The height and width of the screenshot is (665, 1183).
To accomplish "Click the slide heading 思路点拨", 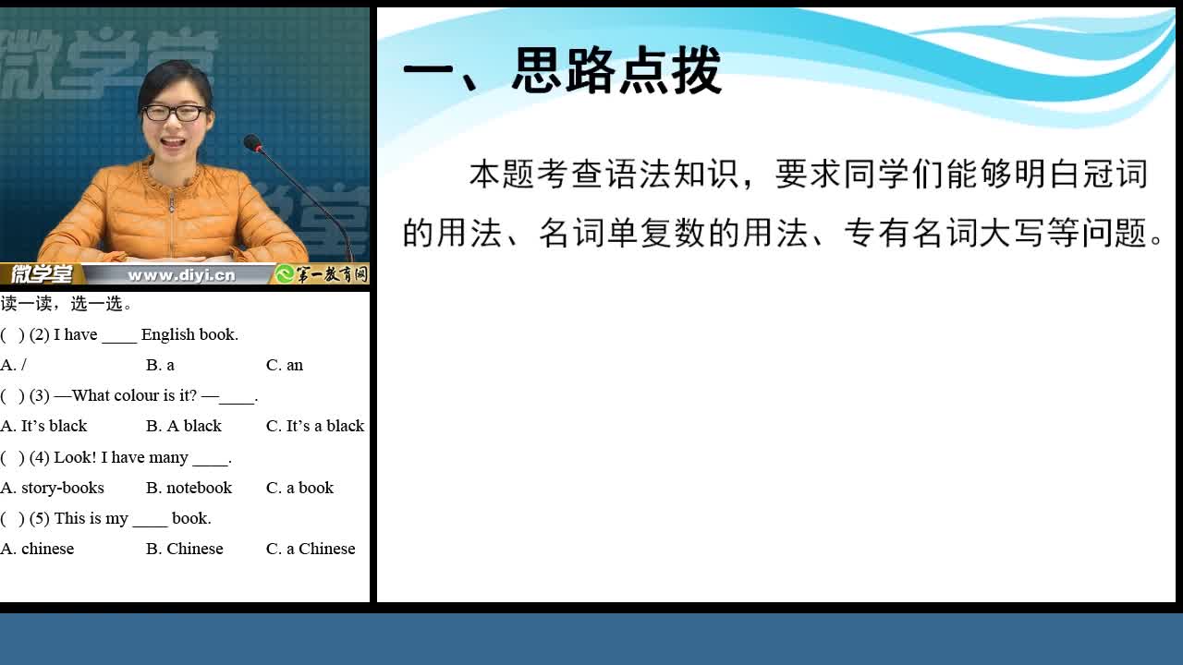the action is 616,70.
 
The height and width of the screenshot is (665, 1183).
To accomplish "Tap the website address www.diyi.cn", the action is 181,275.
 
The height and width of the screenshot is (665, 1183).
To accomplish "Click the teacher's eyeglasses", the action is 176,113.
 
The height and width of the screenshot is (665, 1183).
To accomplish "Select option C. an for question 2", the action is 285,365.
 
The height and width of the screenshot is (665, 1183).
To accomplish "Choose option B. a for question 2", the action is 160,365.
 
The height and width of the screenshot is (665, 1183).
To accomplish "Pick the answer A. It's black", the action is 43,426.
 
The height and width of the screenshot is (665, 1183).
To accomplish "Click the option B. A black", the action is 184,426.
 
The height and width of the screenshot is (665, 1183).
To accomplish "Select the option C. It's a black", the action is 315,426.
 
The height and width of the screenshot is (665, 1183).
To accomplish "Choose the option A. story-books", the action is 53,488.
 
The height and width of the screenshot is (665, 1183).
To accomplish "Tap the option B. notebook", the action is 189,488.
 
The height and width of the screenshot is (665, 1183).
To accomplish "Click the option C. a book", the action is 300,488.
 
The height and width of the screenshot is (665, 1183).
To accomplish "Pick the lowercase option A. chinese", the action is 37,549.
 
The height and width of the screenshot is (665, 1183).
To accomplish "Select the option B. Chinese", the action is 184,549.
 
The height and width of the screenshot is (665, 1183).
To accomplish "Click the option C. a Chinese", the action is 311,549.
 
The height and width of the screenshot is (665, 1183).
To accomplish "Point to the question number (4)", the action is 40,457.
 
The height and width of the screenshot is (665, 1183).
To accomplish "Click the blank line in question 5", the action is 150,526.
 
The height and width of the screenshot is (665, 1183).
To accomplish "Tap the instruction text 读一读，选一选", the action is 66,304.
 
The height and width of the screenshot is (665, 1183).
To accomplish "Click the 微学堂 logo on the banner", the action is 42,274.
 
